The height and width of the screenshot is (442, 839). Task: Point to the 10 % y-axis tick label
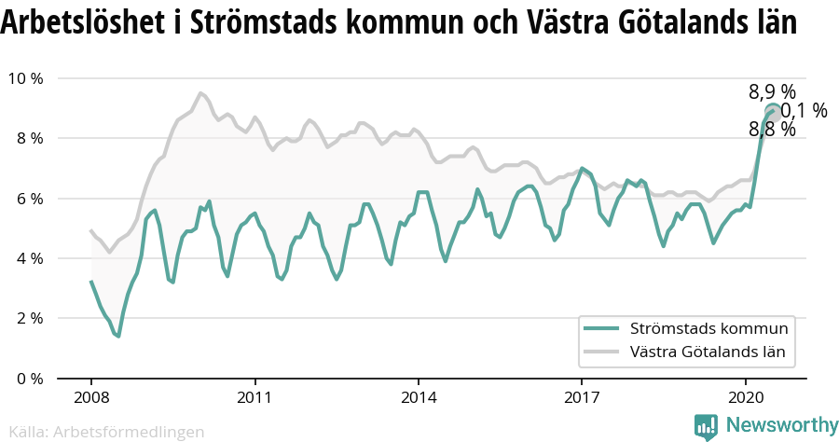[26, 78]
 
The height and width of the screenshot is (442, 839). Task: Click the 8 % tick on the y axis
[30, 138]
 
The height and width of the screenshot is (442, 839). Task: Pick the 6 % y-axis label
[30, 199]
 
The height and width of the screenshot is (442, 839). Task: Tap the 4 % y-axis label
[30, 258]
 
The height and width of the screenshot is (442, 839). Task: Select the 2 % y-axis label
[30, 319]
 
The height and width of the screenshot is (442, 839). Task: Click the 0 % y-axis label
[30, 379]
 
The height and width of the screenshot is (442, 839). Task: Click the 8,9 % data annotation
[772, 92]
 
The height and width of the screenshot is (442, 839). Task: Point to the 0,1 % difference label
[804, 111]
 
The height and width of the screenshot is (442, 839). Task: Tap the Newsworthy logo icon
[706, 427]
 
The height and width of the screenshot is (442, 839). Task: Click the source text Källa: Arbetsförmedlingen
[106, 432]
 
